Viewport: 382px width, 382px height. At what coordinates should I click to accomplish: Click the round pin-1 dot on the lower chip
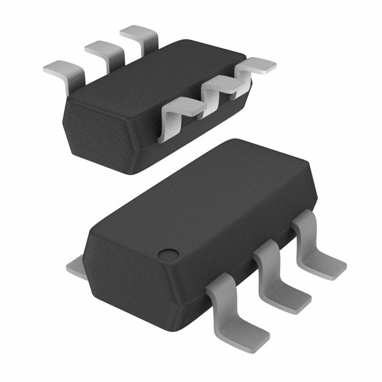pos(167,254)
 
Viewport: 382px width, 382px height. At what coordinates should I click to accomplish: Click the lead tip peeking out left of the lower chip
pos(75,267)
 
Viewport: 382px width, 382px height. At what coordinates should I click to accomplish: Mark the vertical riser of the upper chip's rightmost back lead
pos(149,45)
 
